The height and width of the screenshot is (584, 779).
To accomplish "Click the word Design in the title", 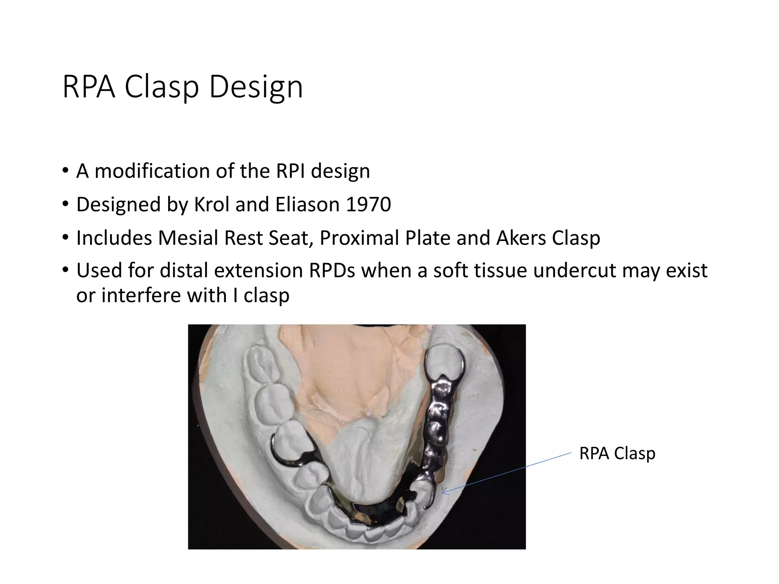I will coord(256,87).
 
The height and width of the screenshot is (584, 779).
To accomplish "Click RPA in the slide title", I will coord(88,87).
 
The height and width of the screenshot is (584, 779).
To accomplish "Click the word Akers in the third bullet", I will coord(520,238).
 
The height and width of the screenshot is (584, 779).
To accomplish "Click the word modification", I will coord(152,171).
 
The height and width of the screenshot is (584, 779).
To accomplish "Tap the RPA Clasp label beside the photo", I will coord(617,454).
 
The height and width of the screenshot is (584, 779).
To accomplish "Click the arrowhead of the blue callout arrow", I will coord(444,493).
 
